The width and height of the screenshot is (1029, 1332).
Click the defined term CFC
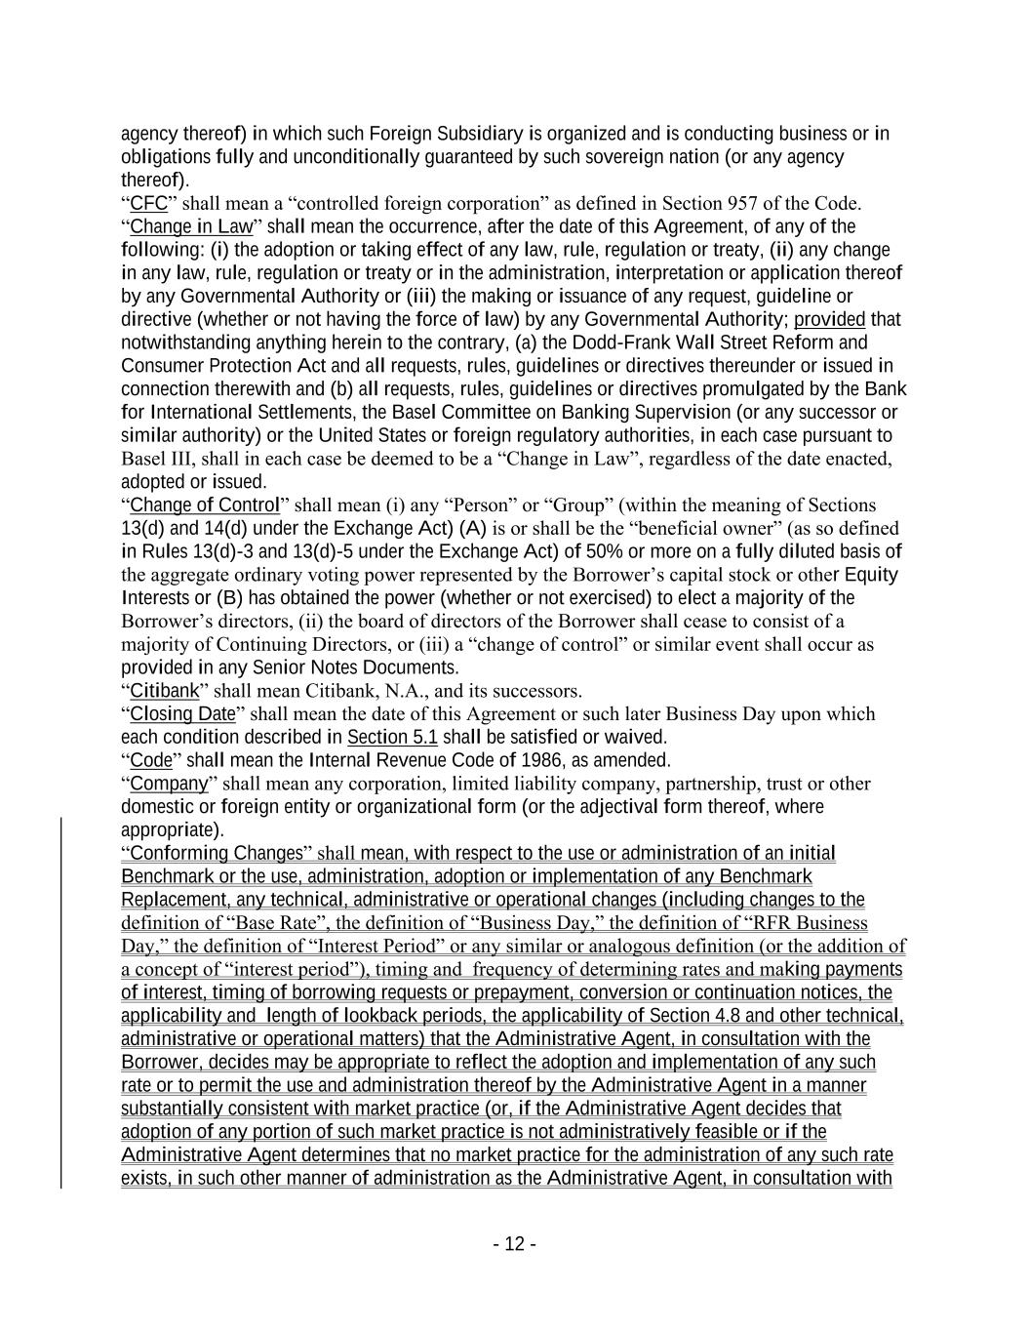(149, 203)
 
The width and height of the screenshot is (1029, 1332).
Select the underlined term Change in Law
(191, 226)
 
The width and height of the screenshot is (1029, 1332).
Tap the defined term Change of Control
(205, 505)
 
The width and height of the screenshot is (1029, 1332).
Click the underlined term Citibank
(165, 691)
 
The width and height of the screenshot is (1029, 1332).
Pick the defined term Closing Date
(183, 713)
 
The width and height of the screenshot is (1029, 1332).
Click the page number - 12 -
(514, 1243)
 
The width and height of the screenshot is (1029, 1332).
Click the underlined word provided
(829, 319)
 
